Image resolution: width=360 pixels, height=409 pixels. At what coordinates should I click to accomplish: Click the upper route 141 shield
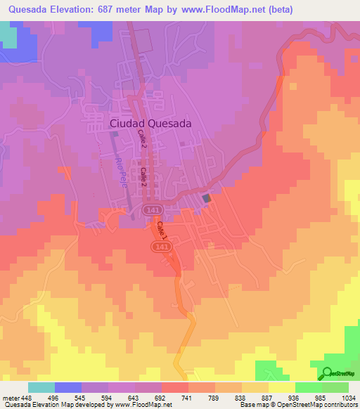point(150,210)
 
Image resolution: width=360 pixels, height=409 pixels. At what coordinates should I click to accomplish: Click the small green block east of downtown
point(207,199)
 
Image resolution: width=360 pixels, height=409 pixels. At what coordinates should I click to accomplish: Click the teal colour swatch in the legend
point(41,387)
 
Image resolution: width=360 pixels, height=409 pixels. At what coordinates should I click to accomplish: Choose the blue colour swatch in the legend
point(68,387)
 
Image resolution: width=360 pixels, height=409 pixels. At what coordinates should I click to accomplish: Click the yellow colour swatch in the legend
point(281,387)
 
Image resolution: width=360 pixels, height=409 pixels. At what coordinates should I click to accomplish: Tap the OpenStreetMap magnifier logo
point(326,373)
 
